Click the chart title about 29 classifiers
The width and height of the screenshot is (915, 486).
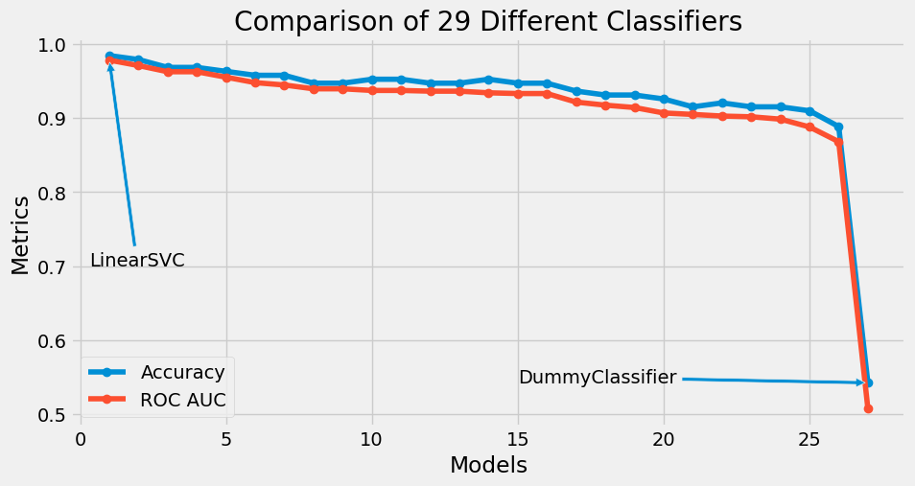(x=488, y=21)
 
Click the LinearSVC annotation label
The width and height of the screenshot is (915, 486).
(x=137, y=261)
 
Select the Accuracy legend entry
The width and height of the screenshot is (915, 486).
(x=182, y=372)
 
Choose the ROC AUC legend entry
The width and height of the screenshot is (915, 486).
(x=182, y=400)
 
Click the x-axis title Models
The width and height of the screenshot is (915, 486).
(x=488, y=466)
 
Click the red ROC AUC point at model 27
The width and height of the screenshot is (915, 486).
(x=868, y=408)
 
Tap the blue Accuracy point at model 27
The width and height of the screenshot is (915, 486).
(x=868, y=382)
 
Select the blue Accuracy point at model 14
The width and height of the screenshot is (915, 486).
(x=488, y=80)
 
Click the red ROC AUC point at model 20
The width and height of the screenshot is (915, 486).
(x=664, y=113)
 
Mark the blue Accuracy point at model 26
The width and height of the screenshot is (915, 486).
(x=838, y=127)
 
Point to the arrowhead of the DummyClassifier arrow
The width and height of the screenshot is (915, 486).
(x=861, y=382)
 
